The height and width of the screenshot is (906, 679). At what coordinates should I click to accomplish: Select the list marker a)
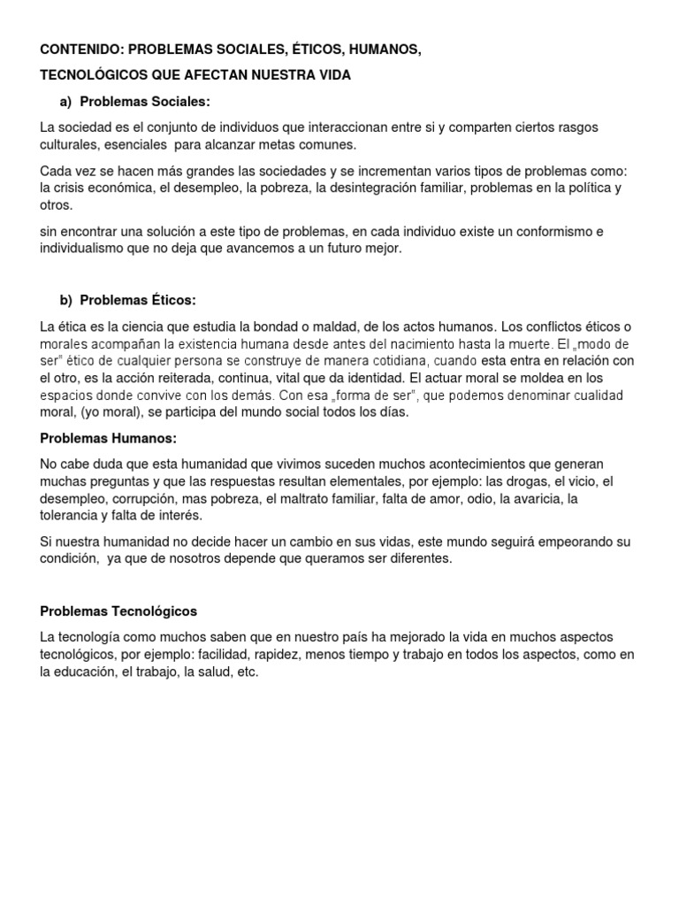click(66, 102)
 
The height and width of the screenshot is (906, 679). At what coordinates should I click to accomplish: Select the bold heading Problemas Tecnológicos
click(119, 610)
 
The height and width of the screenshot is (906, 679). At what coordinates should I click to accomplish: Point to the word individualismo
click(83, 249)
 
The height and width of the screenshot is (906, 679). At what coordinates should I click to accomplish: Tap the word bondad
click(268, 326)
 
